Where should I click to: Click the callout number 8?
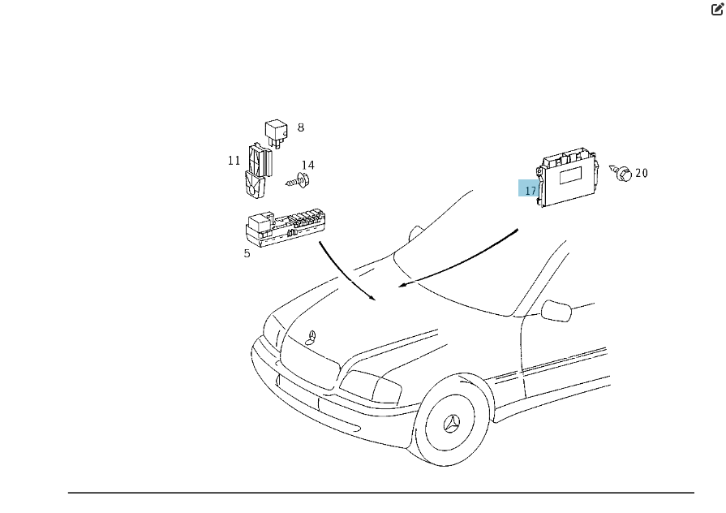[x=301, y=127]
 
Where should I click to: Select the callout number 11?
[x=234, y=161]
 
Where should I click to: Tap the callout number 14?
[x=308, y=165]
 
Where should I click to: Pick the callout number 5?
[x=247, y=253]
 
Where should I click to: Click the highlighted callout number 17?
[x=531, y=191]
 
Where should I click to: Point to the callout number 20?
[x=642, y=173]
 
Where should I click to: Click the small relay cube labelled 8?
[x=276, y=133]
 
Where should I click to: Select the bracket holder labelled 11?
[x=257, y=171]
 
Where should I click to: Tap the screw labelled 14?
[x=298, y=181]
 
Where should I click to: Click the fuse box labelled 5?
[x=284, y=228]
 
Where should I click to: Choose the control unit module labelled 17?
[x=568, y=177]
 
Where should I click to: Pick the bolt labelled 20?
[x=621, y=172]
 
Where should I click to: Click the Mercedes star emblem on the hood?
[x=311, y=338]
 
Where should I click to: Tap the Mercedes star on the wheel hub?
[x=452, y=423]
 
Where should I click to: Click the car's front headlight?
[x=371, y=386]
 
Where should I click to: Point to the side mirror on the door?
[x=556, y=311]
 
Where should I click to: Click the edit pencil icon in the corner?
[x=717, y=9]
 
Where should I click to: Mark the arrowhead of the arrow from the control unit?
[x=402, y=285]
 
